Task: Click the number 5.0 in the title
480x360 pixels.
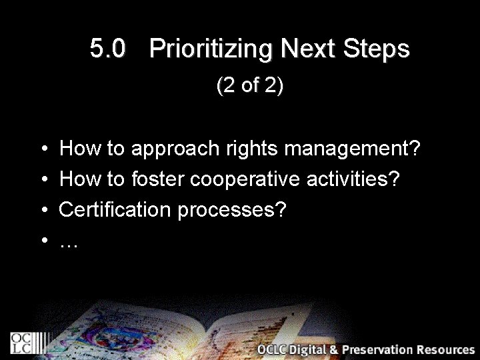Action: (x=107, y=49)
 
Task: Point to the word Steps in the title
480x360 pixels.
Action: (x=377, y=49)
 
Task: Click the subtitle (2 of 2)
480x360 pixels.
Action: (x=250, y=86)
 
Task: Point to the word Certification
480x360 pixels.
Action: (x=115, y=210)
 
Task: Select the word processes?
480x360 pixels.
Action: (x=232, y=211)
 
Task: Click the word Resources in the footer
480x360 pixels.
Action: (x=445, y=350)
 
